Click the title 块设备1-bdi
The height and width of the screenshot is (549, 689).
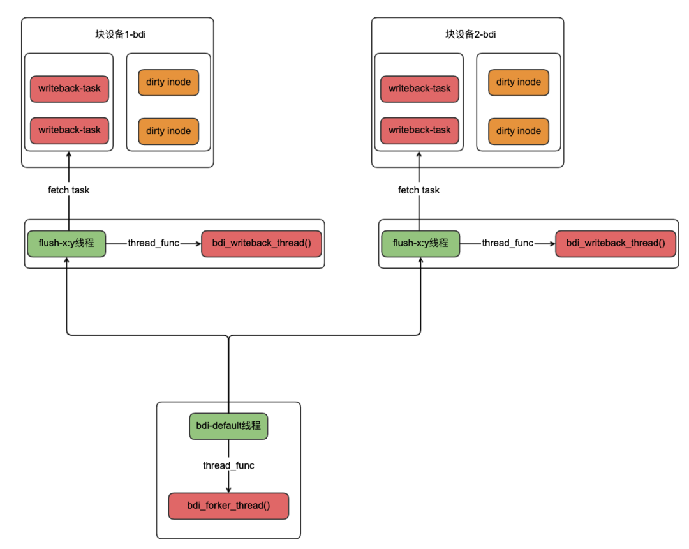(x=121, y=34)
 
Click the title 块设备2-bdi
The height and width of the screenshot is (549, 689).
(x=471, y=34)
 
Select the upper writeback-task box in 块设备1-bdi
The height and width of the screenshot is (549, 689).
(x=70, y=89)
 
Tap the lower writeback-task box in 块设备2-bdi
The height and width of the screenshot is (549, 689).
(x=420, y=130)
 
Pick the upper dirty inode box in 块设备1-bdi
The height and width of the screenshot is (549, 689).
(x=168, y=82)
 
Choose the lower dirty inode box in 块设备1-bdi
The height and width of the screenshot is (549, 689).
(x=168, y=131)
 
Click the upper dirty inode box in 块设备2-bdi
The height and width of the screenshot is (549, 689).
(x=519, y=82)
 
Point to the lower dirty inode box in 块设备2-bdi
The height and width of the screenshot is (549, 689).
(x=519, y=131)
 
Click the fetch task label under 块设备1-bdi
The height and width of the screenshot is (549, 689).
(x=68, y=190)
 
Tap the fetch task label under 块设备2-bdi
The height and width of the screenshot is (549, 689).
(x=419, y=190)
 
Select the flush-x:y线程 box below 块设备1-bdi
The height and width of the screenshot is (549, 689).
(x=66, y=243)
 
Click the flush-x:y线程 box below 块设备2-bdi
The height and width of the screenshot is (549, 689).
(x=420, y=243)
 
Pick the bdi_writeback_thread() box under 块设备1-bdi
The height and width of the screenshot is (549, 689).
(x=262, y=243)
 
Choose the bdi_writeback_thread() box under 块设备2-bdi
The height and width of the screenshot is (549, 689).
(x=616, y=243)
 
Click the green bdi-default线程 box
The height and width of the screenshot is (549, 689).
(x=228, y=426)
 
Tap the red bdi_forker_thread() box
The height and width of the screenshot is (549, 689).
(x=228, y=506)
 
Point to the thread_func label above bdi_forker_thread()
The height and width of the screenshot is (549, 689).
(x=228, y=465)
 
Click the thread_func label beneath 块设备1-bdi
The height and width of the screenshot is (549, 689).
(x=153, y=243)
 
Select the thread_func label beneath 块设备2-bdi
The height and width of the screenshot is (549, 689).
(x=508, y=243)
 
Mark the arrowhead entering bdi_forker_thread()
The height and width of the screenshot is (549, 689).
(x=228, y=490)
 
